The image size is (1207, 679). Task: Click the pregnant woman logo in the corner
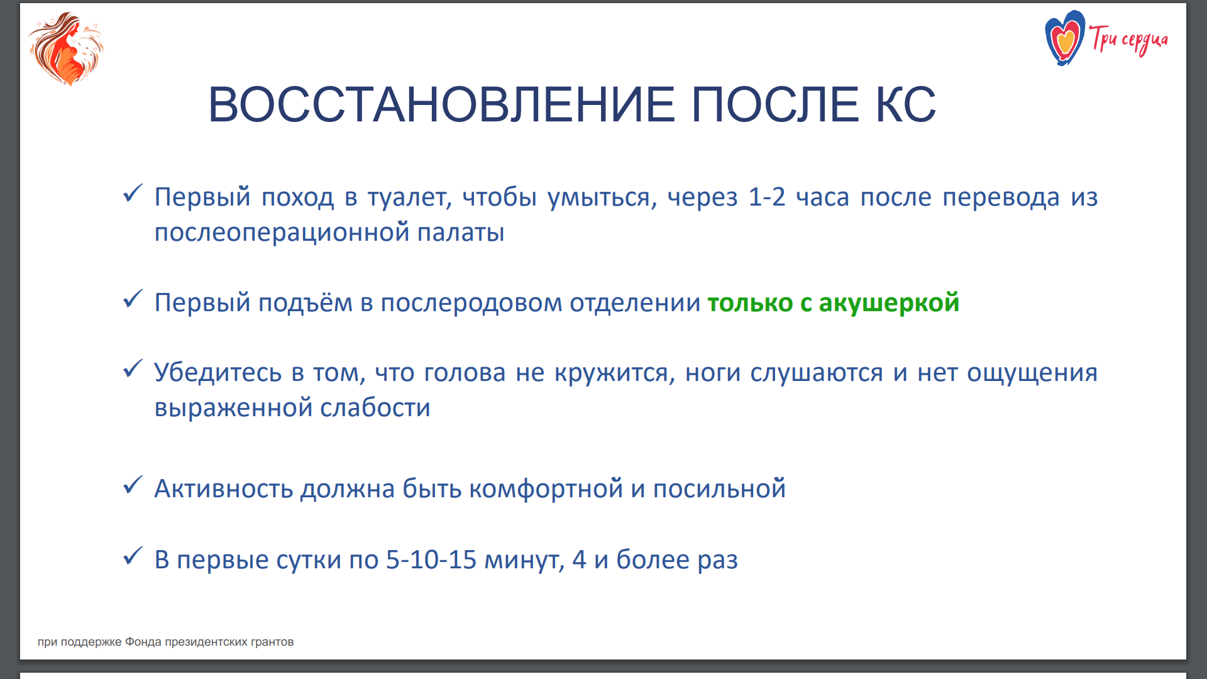[66, 49]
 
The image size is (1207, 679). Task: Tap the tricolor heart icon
[1064, 38]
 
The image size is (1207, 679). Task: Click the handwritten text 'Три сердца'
[1129, 40]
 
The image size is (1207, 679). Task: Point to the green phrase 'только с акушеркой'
[834, 303]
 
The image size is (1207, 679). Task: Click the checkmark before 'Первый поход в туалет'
[133, 193]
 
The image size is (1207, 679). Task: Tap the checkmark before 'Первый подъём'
[133, 299]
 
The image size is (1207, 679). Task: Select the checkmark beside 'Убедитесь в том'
[133, 368]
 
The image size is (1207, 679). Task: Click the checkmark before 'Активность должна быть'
[133, 485]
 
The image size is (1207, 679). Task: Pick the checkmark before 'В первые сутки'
[133, 555]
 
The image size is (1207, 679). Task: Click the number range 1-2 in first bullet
[767, 197]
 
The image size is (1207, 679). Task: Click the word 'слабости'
[375, 408]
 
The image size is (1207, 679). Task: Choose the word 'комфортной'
[546, 489]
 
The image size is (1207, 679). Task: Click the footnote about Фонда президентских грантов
[166, 642]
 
